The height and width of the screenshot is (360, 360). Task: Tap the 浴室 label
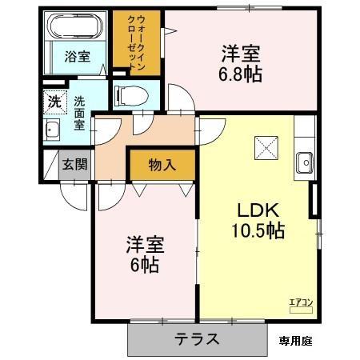77,58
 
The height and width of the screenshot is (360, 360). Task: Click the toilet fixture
130,94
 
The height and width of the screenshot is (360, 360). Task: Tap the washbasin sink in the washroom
54,130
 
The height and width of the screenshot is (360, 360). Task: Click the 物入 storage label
162,165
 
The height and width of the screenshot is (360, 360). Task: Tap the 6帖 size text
145,264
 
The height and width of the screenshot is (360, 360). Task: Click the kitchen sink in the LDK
305,162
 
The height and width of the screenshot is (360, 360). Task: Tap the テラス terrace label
197,338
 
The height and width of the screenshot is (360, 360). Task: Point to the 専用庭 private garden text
295,339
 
